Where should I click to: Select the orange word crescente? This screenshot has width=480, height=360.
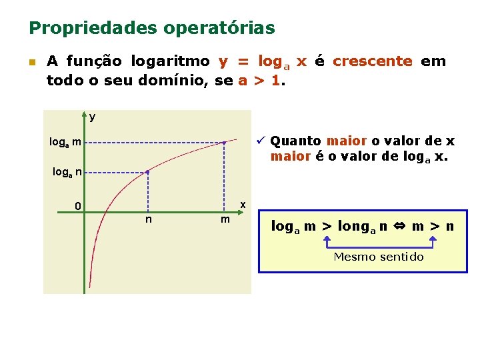click(x=373, y=61)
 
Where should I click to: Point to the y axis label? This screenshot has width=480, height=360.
click(x=92, y=117)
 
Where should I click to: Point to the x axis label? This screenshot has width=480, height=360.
click(x=243, y=203)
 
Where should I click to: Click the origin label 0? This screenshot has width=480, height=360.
click(x=78, y=206)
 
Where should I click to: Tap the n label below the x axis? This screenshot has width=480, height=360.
click(x=147, y=219)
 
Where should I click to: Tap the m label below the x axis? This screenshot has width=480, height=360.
click(x=225, y=219)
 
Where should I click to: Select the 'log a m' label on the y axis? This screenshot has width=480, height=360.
click(x=65, y=142)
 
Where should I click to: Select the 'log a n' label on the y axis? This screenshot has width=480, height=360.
click(x=67, y=173)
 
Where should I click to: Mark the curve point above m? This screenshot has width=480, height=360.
click(x=225, y=143)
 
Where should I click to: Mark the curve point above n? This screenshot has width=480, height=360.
click(x=147, y=172)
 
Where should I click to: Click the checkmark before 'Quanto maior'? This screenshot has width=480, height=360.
click(x=262, y=141)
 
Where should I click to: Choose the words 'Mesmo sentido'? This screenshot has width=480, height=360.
click(x=378, y=257)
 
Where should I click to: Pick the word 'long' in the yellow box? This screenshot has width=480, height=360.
click(x=353, y=227)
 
